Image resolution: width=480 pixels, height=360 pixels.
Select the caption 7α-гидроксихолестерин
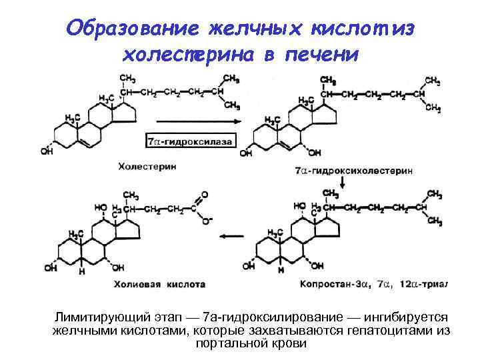(354, 171)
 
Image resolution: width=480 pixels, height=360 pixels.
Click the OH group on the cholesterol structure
(46, 151)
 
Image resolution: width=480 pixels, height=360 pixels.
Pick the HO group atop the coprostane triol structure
(301, 206)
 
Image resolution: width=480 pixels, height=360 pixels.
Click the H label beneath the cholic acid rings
(82, 271)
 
